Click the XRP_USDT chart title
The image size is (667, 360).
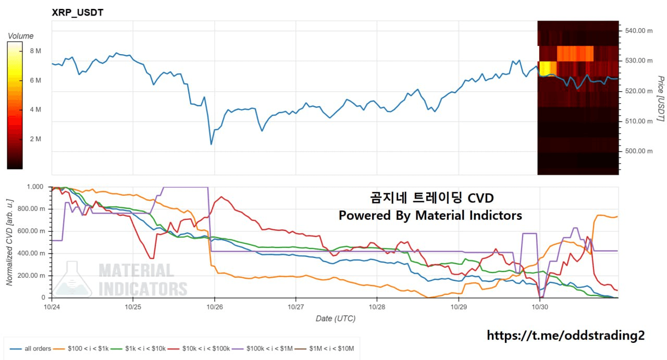coord(78,13)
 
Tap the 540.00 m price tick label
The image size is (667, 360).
coord(639,31)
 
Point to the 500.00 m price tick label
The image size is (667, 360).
coord(639,151)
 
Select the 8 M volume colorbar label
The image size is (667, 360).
coord(35,51)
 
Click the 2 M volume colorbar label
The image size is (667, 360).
coord(35,139)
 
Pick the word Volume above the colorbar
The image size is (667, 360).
coord(21,36)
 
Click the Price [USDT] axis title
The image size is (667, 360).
coord(660,99)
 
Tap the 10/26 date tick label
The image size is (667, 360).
coord(215,308)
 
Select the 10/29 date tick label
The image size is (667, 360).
coord(459,308)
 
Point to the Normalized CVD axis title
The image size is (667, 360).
coord(9,242)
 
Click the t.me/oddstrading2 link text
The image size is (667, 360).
coord(565,336)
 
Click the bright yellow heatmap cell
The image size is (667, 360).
coord(547,68)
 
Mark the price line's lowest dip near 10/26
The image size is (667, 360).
coord(211,144)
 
